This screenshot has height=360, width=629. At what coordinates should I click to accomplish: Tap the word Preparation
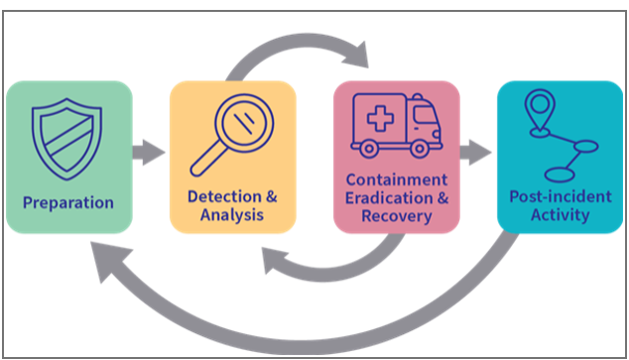(x=68, y=203)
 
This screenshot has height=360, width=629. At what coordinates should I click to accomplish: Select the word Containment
(x=396, y=180)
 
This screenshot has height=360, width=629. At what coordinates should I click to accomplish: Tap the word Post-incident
(x=560, y=195)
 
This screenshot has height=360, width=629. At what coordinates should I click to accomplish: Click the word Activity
(x=560, y=213)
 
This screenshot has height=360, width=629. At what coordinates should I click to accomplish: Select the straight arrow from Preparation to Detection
(x=150, y=153)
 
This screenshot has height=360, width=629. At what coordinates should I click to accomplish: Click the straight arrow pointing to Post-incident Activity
(x=477, y=153)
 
